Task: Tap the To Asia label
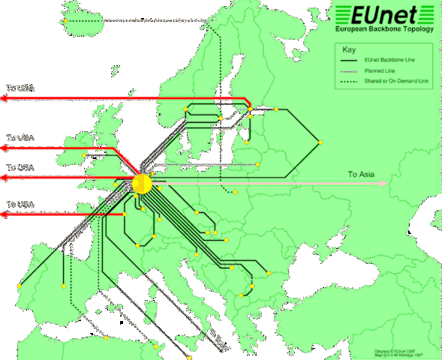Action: click(x=360, y=174)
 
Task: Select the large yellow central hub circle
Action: click(x=142, y=183)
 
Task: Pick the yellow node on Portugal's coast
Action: click(x=19, y=286)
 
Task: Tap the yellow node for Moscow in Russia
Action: click(x=320, y=142)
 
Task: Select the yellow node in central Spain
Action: click(x=63, y=286)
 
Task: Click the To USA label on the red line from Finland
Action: click(x=20, y=88)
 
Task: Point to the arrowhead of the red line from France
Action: click(x=5, y=214)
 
